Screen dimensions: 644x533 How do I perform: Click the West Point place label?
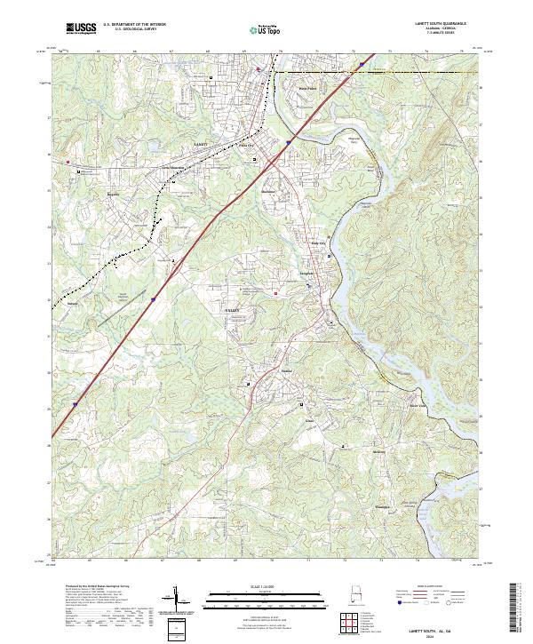[x=307, y=89]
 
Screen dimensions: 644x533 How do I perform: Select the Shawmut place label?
[x=272, y=191]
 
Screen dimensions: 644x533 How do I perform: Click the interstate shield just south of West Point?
[x=289, y=139]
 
